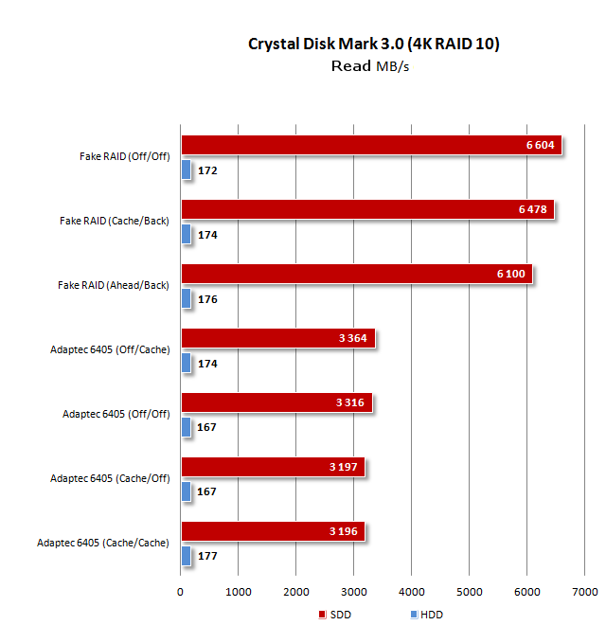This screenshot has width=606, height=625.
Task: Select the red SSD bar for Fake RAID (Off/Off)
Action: (371, 145)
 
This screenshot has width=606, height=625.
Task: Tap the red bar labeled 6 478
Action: (367, 209)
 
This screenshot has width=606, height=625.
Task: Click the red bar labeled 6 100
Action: (356, 274)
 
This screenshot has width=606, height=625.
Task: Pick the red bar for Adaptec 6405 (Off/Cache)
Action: (277, 338)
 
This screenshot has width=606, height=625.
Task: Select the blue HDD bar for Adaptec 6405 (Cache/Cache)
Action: (186, 556)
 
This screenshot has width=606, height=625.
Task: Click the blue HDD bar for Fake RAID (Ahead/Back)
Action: (186, 298)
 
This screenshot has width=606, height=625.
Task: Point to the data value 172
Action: (207, 170)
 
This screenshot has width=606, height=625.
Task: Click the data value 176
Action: (207, 299)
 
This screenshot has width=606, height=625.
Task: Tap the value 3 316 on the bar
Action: (350, 402)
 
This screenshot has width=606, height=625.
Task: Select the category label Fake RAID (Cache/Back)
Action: (115, 221)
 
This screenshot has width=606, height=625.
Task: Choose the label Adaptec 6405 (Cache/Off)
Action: (110, 478)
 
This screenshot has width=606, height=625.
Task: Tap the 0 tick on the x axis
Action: (181, 592)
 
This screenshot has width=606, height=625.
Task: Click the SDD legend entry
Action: (337, 615)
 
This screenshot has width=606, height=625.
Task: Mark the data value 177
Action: (207, 557)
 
